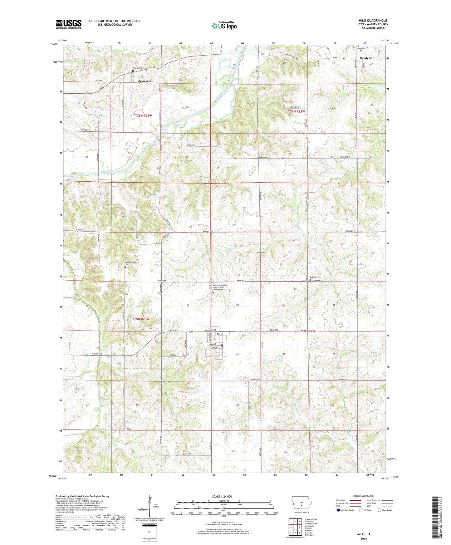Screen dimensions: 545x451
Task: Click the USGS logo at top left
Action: [x=68, y=24]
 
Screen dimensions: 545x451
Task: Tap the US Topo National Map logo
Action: [x=224, y=26]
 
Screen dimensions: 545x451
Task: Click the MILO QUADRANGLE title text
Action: [x=373, y=21]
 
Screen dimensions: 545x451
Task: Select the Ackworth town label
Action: [x=145, y=81]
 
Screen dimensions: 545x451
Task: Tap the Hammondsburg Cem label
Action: [x=131, y=263]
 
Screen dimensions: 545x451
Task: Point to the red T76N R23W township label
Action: [x=143, y=115]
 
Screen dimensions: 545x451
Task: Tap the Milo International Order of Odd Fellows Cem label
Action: [x=220, y=287]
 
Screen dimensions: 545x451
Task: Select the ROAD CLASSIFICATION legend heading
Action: [x=364, y=496]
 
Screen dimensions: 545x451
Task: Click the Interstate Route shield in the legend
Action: [x=338, y=510]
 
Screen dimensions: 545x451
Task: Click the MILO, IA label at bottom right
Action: [x=364, y=534]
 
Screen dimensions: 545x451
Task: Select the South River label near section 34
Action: [x=108, y=172]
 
